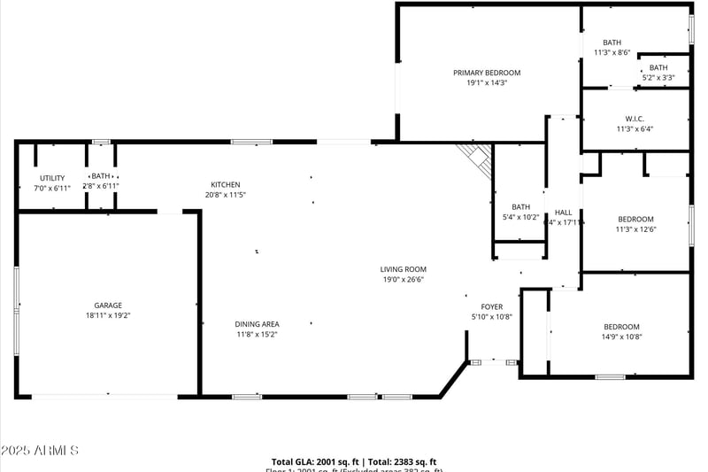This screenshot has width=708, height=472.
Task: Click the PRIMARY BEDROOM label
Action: click(x=487, y=73)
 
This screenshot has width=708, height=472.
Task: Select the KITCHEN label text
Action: click(x=225, y=184)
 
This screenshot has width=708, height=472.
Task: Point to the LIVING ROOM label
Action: click(x=404, y=269)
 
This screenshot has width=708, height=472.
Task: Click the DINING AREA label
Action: click(x=258, y=324)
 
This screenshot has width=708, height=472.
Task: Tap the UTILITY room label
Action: click(x=51, y=178)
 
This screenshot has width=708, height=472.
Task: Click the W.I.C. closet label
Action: click(x=635, y=119)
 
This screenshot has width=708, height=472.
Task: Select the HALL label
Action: click(x=563, y=213)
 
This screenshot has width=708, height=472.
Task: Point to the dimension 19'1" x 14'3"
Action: click(x=487, y=82)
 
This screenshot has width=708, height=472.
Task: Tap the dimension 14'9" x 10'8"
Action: click(x=621, y=337)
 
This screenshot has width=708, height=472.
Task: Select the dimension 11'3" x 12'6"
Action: click(x=635, y=229)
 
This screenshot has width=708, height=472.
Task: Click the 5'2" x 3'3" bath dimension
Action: click(x=658, y=78)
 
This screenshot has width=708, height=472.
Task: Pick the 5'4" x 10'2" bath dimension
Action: click(x=520, y=217)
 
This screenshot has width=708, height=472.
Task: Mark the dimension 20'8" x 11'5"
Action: click(x=225, y=194)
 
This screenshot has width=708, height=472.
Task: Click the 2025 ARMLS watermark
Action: click(x=40, y=451)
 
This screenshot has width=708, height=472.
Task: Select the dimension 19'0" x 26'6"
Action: click(x=404, y=279)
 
